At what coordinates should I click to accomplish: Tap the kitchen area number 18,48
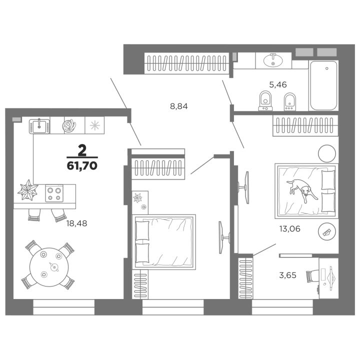click(76, 223)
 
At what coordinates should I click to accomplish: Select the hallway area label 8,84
click(178, 106)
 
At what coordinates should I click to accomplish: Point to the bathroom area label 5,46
click(278, 84)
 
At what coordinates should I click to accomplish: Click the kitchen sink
click(38, 125)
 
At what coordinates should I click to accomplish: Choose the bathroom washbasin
click(273, 60)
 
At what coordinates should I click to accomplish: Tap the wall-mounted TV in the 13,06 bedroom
click(247, 187)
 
